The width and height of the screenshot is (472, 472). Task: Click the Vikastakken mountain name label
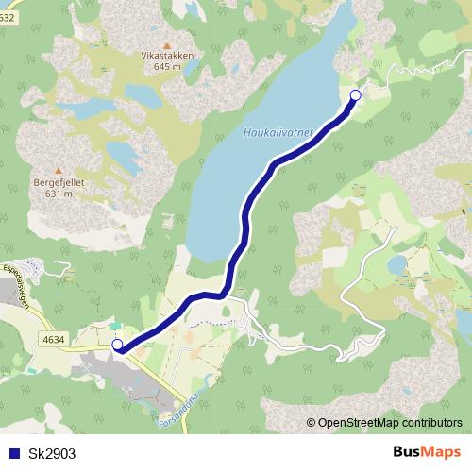(x=167, y=56)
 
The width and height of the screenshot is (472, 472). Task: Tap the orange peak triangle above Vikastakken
(x=167, y=44)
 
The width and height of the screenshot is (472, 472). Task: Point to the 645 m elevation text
(x=167, y=66)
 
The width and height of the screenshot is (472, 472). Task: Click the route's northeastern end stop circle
(x=356, y=94)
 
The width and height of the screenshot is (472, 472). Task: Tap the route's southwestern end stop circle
(x=118, y=346)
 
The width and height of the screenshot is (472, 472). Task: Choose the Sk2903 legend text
(x=52, y=453)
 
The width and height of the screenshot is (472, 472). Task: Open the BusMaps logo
(x=426, y=452)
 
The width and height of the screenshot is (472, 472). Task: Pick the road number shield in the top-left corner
(x=8, y=5)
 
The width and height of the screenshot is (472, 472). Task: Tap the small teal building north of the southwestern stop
(x=116, y=327)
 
